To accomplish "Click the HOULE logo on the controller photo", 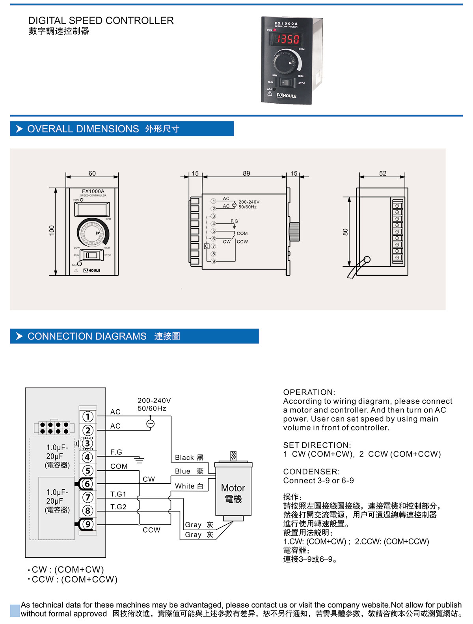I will [x=287, y=96].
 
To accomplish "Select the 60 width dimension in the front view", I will [x=92, y=173].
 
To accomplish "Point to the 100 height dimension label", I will [x=52, y=230].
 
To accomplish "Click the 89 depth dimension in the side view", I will [x=246, y=173].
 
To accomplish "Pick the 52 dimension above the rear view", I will [x=382, y=173].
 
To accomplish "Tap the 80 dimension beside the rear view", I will [x=346, y=232].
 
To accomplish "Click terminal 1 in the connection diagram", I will [x=88, y=416].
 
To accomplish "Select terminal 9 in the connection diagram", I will [x=88, y=524].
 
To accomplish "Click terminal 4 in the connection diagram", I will [x=88, y=457].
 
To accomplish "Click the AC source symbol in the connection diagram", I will [x=150, y=424].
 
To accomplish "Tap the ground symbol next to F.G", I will [x=139, y=460].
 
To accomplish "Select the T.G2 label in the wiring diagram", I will [x=118, y=507].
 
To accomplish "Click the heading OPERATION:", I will [x=309, y=392].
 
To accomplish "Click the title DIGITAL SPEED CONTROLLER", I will [x=101, y=20].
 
